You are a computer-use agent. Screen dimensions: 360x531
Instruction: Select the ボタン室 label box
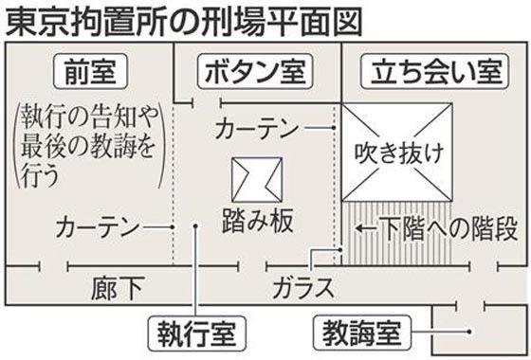point(251,71)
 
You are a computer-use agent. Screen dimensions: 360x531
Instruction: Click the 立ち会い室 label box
point(423,71)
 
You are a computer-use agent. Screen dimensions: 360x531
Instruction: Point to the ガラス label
point(302,285)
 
